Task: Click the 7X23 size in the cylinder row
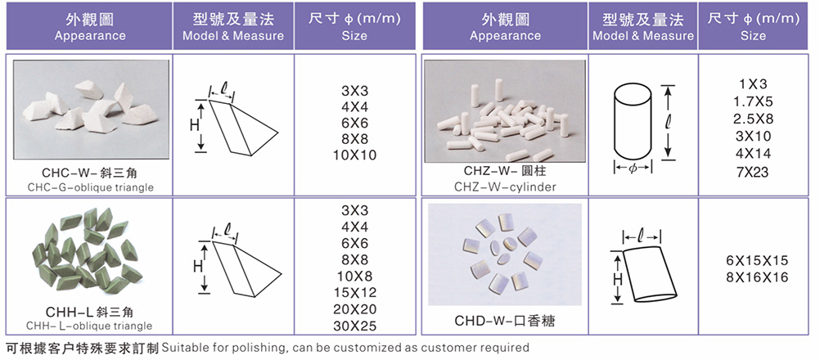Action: click(x=754, y=171)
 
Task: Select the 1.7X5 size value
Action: click(x=754, y=101)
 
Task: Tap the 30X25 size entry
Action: click(x=354, y=326)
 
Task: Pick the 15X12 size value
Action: click(x=354, y=293)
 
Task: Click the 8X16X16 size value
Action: click(x=754, y=277)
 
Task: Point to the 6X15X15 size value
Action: click(x=754, y=260)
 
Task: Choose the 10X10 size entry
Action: click(x=354, y=155)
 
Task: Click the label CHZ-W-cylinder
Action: click(x=505, y=187)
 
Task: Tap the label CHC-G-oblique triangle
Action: click(x=91, y=187)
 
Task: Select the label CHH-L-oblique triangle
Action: click(x=89, y=326)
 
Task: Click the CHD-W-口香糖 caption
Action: click(x=505, y=320)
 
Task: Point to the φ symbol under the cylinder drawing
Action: click(x=633, y=169)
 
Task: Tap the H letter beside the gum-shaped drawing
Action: click(x=618, y=280)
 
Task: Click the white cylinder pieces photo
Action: click(x=505, y=111)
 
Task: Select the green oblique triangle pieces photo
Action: click(x=87, y=250)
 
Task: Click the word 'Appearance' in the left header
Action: click(x=90, y=36)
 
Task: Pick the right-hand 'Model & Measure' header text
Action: click(x=643, y=36)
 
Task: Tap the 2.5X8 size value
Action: click(x=754, y=119)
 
